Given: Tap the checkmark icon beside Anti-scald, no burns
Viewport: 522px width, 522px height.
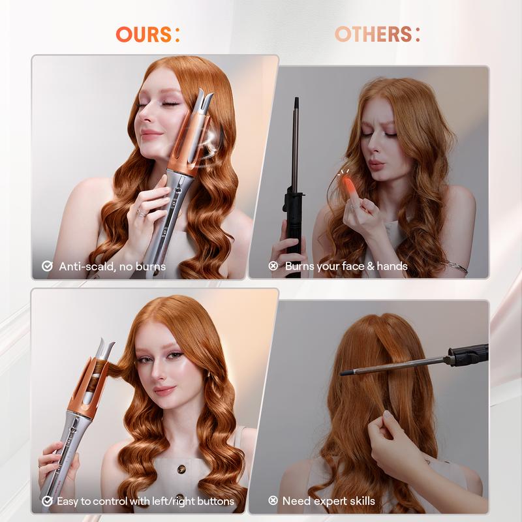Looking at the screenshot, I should coord(48,266).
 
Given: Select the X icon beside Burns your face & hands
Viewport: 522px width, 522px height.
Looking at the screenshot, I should coord(273,266).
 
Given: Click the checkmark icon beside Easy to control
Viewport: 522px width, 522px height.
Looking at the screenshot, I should coord(48,501).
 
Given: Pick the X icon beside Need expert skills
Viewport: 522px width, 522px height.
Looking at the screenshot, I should coord(273,501).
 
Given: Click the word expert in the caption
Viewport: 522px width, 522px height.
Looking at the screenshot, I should coord(328,501).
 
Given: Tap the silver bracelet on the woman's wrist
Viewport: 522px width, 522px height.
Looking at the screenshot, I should coord(457,266).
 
